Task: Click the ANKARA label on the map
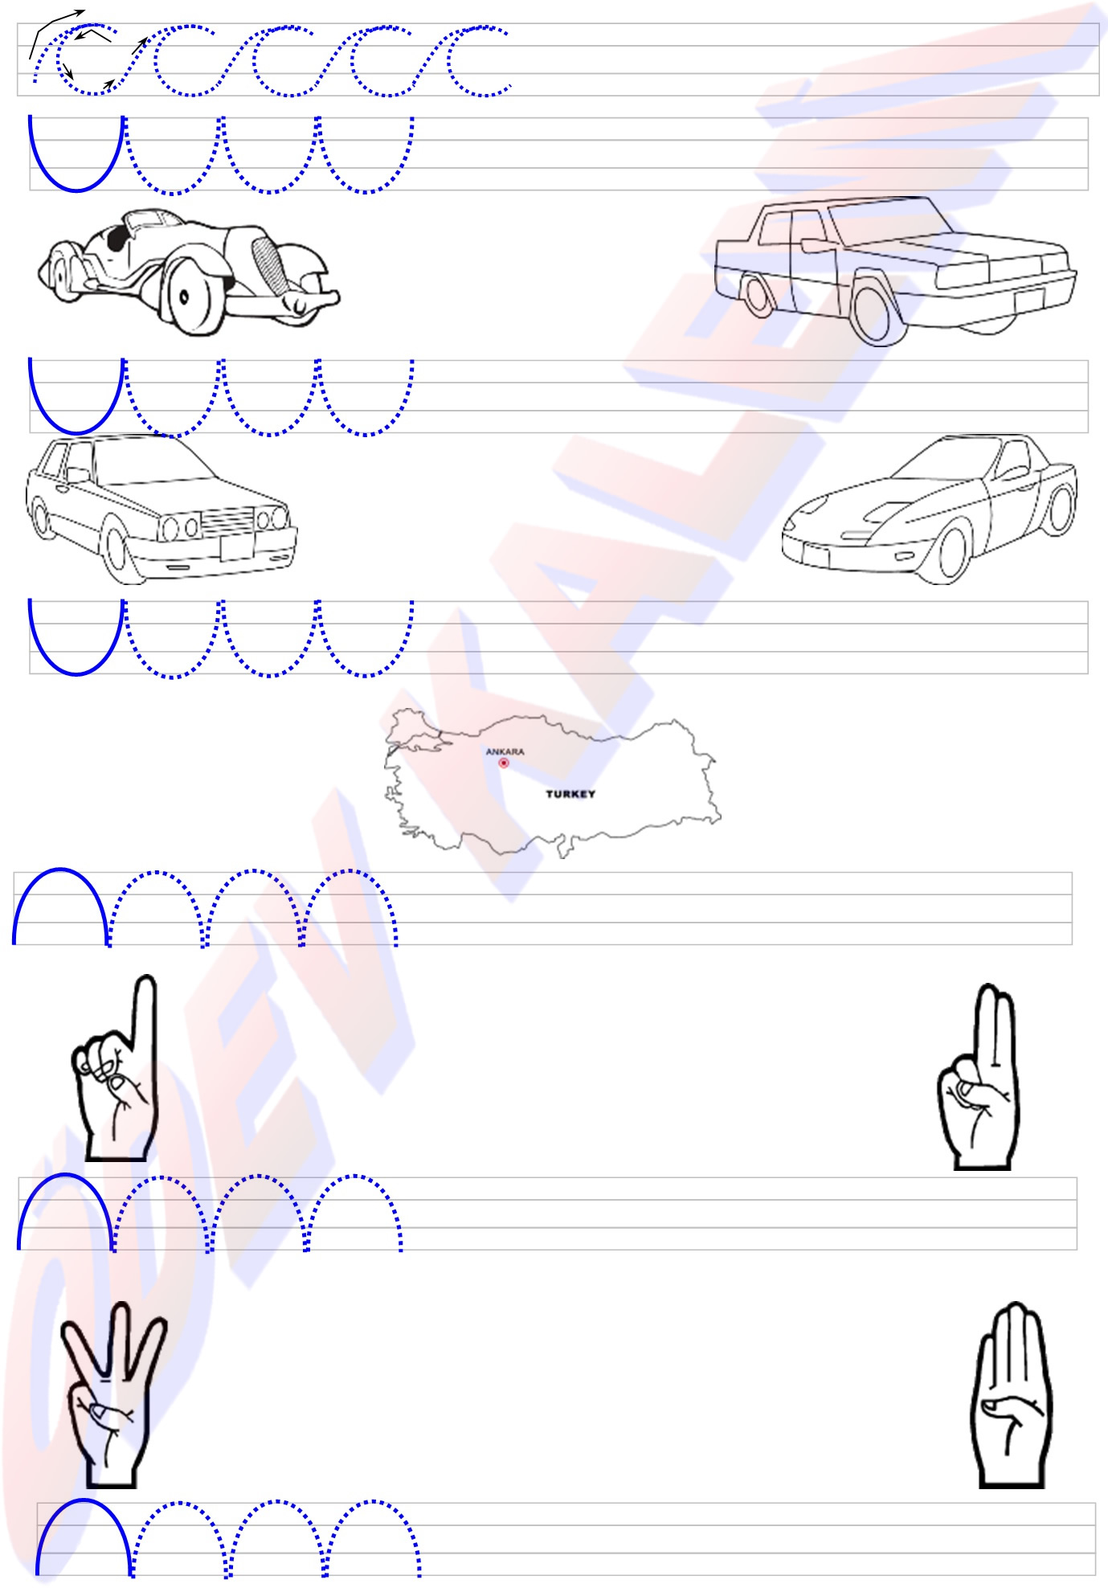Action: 505,751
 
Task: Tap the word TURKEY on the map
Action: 570,794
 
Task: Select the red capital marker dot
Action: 504,763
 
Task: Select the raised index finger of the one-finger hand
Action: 145,1021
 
